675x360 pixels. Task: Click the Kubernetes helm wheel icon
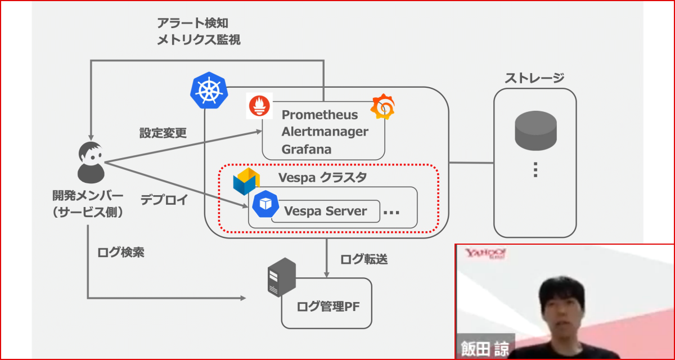tap(209, 91)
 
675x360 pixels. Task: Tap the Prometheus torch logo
tap(259, 106)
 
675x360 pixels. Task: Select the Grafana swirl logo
tap(382, 106)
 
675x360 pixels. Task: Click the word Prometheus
tap(319, 115)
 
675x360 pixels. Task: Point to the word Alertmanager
tap(325, 132)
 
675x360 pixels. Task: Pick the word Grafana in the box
tap(307, 150)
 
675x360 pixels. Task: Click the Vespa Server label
tap(326, 211)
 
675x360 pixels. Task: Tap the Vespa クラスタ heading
tap(322, 178)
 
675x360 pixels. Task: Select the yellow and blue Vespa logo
tap(246, 181)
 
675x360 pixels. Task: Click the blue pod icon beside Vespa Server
tap(265, 204)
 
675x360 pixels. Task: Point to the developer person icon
tap(90, 163)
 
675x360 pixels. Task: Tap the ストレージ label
tap(534, 78)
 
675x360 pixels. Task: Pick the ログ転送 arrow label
tap(364, 259)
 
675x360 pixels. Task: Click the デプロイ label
tap(163, 201)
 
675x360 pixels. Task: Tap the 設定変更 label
tap(163, 133)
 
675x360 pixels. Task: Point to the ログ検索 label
tap(120, 253)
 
